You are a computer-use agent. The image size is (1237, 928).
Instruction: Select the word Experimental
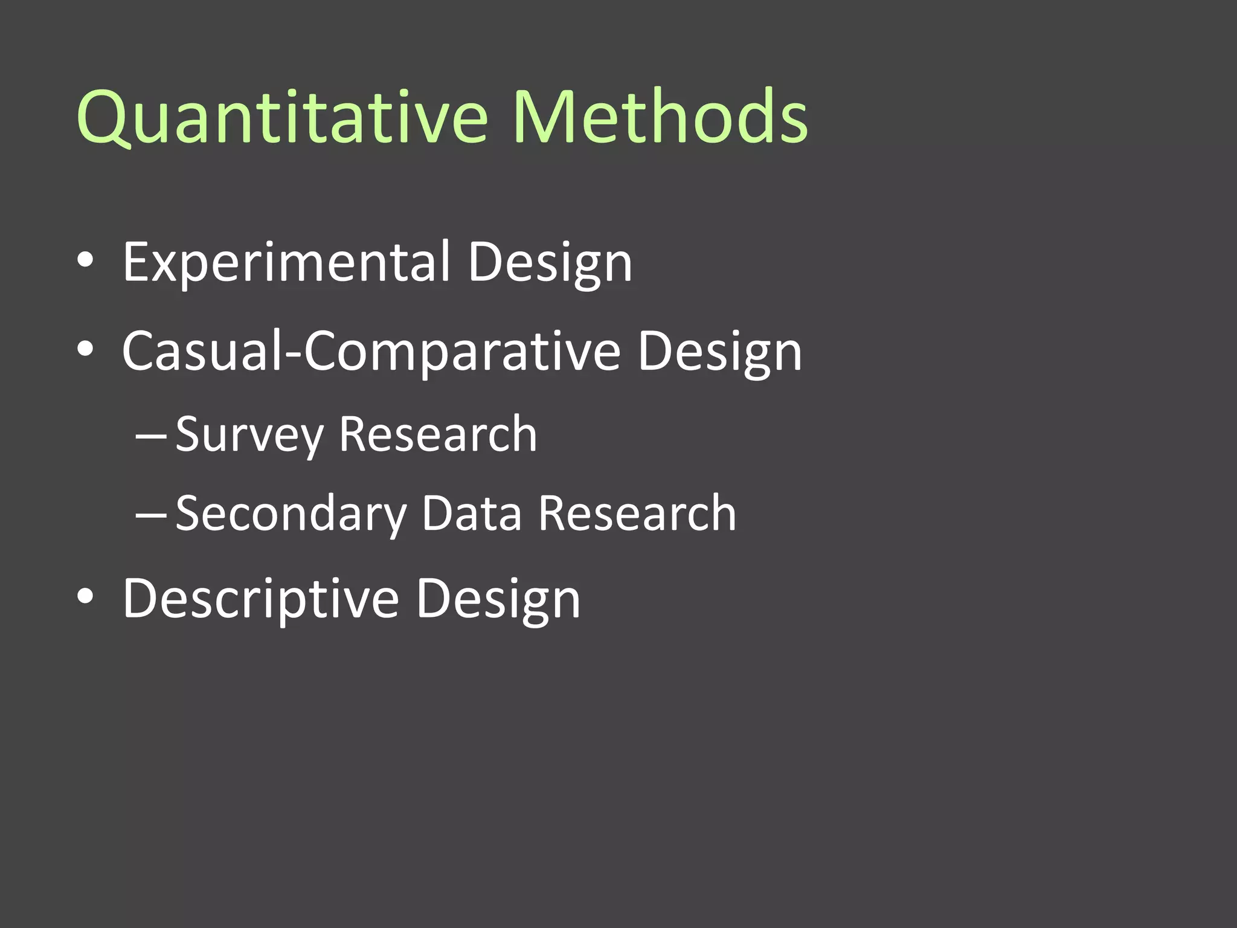click(x=286, y=262)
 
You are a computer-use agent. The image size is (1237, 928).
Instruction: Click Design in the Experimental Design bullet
click(x=550, y=262)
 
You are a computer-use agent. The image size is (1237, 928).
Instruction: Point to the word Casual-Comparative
click(x=371, y=351)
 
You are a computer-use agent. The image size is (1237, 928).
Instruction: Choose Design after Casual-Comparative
click(x=719, y=351)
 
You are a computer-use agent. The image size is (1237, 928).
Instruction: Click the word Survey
click(x=249, y=434)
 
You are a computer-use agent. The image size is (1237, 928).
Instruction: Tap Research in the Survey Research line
click(x=438, y=434)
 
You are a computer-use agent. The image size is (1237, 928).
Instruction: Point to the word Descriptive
click(x=260, y=599)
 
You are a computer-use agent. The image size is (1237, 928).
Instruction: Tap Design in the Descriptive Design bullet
click(x=498, y=599)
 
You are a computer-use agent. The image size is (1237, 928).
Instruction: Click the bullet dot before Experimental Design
click(x=86, y=260)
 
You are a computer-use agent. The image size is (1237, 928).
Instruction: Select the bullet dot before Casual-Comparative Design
click(x=86, y=349)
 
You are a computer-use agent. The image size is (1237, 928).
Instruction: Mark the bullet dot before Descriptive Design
click(x=86, y=597)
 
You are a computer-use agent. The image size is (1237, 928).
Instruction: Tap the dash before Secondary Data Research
click(x=151, y=514)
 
